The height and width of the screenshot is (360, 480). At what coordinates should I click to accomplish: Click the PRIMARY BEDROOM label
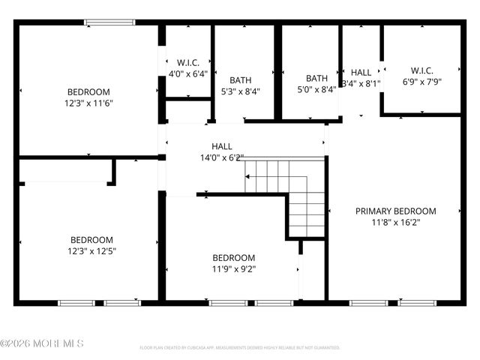click(x=406, y=211)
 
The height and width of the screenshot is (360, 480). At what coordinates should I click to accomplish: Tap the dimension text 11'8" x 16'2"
click(x=406, y=223)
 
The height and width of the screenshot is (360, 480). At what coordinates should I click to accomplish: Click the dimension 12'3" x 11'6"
click(x=88, y=103)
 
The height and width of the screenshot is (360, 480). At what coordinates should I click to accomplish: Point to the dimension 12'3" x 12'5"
click(x=88, y=251)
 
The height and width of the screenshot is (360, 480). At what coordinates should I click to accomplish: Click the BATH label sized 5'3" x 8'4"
click(x=241, y=80)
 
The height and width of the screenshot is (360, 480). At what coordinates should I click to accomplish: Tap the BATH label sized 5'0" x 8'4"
click(x=316, y=78)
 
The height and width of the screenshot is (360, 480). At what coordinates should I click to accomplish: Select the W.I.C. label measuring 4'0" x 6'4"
click(x=187, y=62)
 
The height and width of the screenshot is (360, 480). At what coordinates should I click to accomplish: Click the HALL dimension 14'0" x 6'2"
click(x=222, y=157)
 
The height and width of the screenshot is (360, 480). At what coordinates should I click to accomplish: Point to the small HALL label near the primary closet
click(x=361, y=73)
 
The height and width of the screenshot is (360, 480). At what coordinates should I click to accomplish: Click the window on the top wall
click(x=109, y=22)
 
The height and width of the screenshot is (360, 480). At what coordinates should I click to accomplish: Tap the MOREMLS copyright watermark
click(x=42, y=343)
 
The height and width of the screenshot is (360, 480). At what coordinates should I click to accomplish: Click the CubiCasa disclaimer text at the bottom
click(x=240, y=348)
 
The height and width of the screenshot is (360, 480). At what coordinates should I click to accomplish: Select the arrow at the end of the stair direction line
click(x=246, y=177)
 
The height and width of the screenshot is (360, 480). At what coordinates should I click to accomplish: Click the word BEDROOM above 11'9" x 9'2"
click(x=233, y=257)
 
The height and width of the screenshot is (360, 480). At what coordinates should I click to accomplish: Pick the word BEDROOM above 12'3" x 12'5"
click(x=88, y=240)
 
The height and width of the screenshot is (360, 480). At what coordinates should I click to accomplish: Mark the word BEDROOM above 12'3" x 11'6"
click(x=88, y=92)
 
